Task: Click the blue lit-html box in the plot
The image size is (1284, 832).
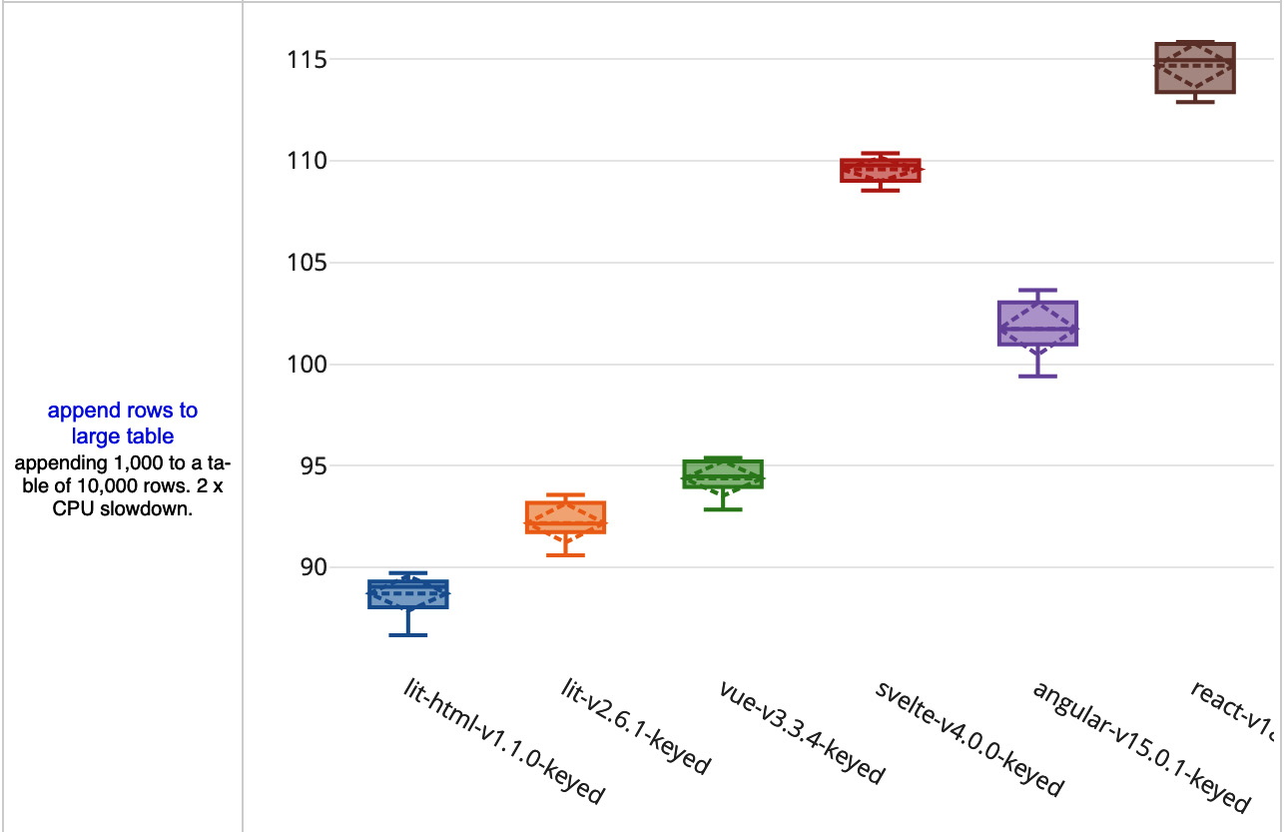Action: coord(407,594)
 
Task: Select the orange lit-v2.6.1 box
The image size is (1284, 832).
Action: coord(565,517)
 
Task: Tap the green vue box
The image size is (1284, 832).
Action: coord(723,473)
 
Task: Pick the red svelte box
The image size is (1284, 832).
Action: coord(881,170)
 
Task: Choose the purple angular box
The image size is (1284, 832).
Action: coord(1037,323)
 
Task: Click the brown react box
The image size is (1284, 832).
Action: coord(1195,68)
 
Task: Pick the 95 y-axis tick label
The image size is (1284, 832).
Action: coord(305,466)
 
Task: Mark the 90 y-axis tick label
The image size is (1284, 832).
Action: coord(305,567)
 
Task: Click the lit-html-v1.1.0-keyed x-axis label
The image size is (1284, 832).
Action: coord(504,741)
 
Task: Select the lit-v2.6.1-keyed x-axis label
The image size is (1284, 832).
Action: coord(634,727)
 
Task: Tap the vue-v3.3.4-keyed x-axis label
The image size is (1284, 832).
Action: coord(802,732)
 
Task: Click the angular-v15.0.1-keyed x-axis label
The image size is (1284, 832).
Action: coord(1141,747)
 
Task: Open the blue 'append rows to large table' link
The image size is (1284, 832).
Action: coord(123,423)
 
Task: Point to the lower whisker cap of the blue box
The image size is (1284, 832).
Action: coord(407,635)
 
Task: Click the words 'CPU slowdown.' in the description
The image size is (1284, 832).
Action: coord(123,507)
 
